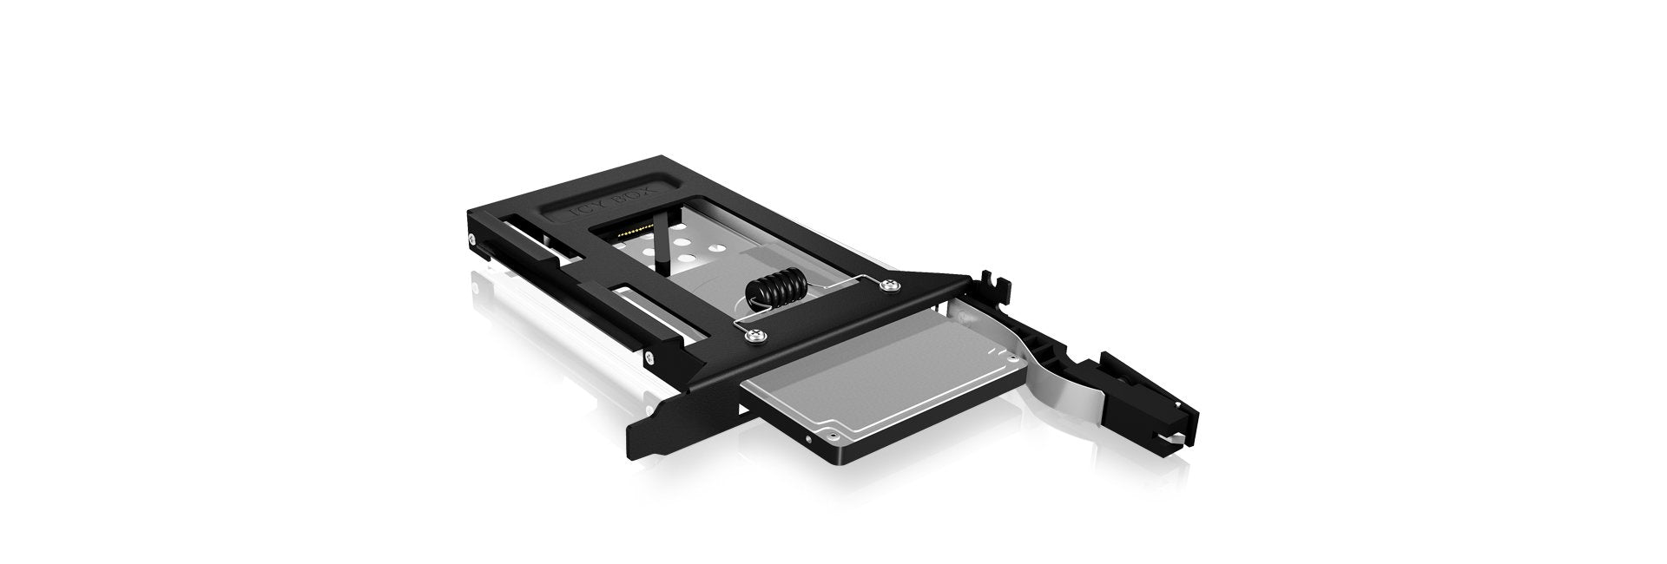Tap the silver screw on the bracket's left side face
click(x=648, y=357)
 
